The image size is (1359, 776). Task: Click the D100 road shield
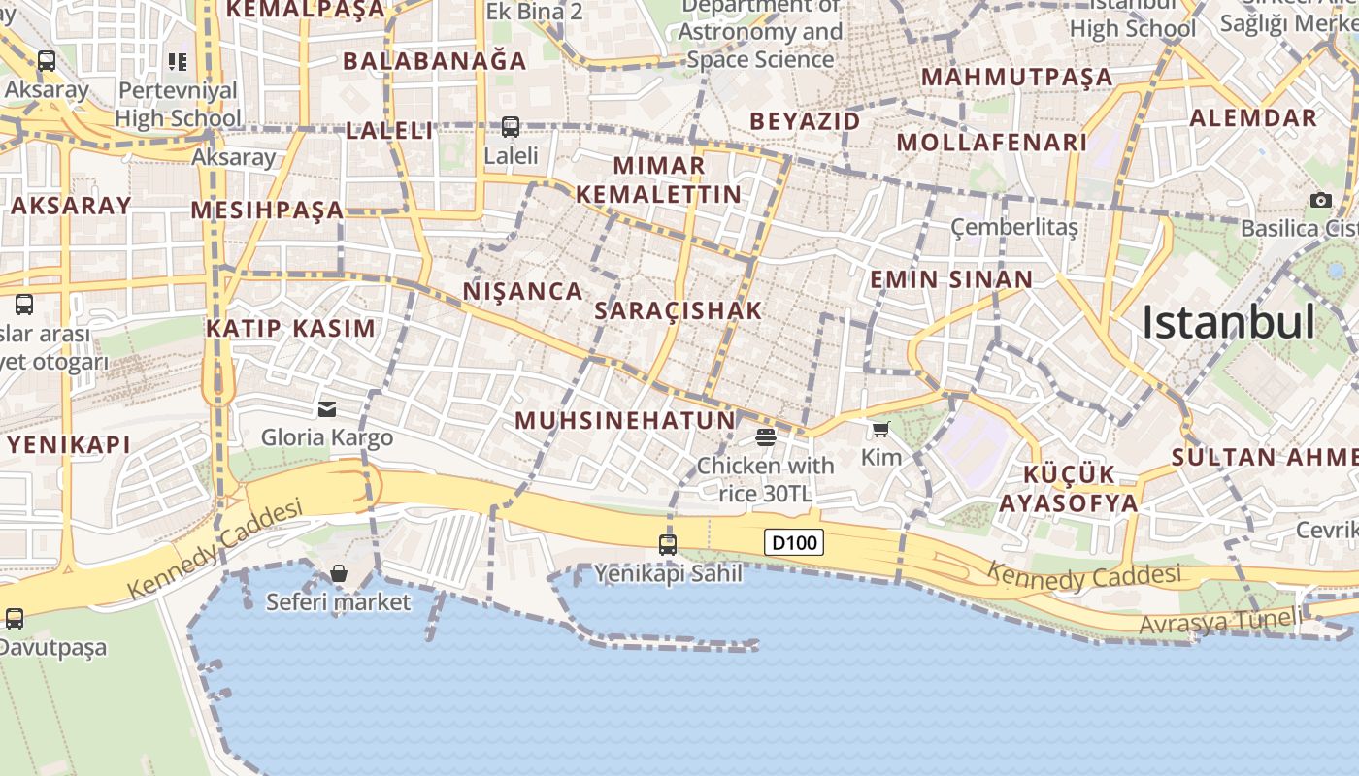pyautogui.click(x=794, y=542)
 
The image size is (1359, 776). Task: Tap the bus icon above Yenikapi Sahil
pyautogui.click(x=668, y=544)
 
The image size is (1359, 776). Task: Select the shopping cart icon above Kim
pyautogui.click(x=880, y=429)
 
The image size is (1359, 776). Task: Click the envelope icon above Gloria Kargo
pyautogui.click(x=327, y=409)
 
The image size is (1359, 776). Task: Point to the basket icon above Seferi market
pyautogui.click(x=339, y=573)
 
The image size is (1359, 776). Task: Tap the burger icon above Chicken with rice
pyautogui.click(x=765, y=436)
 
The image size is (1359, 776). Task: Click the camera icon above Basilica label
pyautogui.click(x=1320, y=200)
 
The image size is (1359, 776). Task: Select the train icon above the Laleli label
pyautogui.click(x=511, y=126)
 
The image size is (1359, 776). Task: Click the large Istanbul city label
pyautogui.click(x=1228, y=322)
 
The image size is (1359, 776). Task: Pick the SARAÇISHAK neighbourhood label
pyautogui.click(x=678, y=310)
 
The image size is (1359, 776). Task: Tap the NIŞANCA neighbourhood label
pyautogui.click(x=522, y=291)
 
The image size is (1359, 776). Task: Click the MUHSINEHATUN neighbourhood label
pyautogui.click(x=625, y=420)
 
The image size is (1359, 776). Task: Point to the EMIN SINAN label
pyautogui.click(x=951, y=279)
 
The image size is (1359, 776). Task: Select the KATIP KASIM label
pyautogui.click(x=290, y=328)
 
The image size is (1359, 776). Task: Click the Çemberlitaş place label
pyautogui.click(x=1013, y=227)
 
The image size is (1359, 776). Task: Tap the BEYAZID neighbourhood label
pyautogui.click(x=805, y=121)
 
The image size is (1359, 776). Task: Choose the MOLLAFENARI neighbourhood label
pyautogui.click(x=991, y=143)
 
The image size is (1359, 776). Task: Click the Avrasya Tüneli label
pyautogui.click(x=1219, y=621)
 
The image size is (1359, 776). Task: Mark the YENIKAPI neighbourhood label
pyautogui.click(x=69, y=445)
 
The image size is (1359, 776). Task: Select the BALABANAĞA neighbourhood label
pyautogui.click(x=434, y=61)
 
